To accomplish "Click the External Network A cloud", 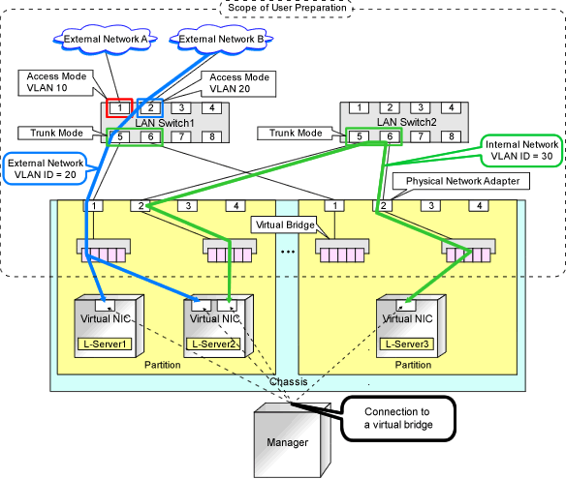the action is click(x=106, y=40).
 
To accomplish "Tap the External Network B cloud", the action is click(x=221, y=40).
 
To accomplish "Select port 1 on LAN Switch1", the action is click(x=119, y=107).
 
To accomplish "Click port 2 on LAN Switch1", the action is click(x=150, y=107).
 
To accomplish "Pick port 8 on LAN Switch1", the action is click(x=212, y=136).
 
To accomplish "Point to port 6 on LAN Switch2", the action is click(x=390, y=136).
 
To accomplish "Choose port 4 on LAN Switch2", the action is click(x=452, y=107).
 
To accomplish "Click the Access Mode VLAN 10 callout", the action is click(x=56, y=83).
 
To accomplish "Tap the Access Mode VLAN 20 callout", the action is click(x=238, y=83).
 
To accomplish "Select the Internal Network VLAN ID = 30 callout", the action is click(x=521, y=150).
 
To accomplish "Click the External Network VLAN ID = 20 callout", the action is click(x=46, y=168).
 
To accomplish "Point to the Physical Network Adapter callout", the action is click(x=461, y=181).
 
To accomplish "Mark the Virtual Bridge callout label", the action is click(x=284, y=225).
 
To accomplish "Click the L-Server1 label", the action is click(x=105, y=344).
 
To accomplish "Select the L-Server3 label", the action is click(x=407, y=344).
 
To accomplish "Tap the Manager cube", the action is click(x=293, y=440).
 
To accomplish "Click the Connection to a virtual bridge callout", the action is click(x=398, y=418).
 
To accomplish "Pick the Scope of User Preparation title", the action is click(x=287, y=8).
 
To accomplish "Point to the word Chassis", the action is click(x=289, y=381).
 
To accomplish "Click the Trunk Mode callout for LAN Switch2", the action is click(x=296, y=133).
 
